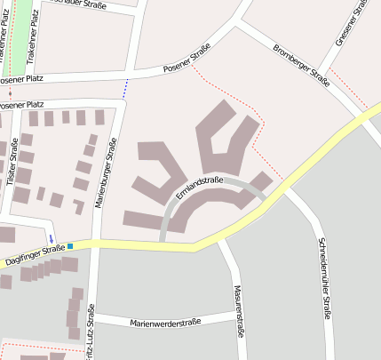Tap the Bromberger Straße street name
tap(301, 65)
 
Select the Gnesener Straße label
tap(351, 22)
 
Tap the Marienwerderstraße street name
tap(165, 321)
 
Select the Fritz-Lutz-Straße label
tap(91, 331)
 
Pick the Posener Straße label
tap(187, 59)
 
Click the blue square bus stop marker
tap(70, 244)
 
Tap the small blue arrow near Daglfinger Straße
tap(52, 237)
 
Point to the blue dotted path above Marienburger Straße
tap(125, 87)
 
